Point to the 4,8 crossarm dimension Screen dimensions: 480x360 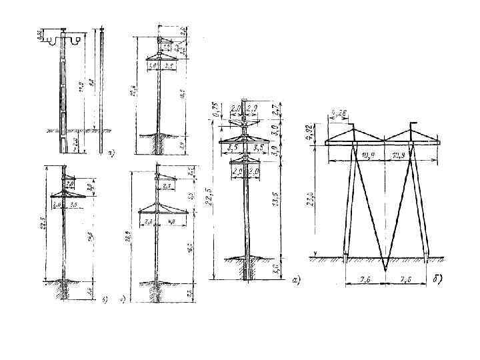pyautogui.click(x=171, y=221)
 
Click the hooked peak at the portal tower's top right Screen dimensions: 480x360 pyautogui.click(x=415, y=124)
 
